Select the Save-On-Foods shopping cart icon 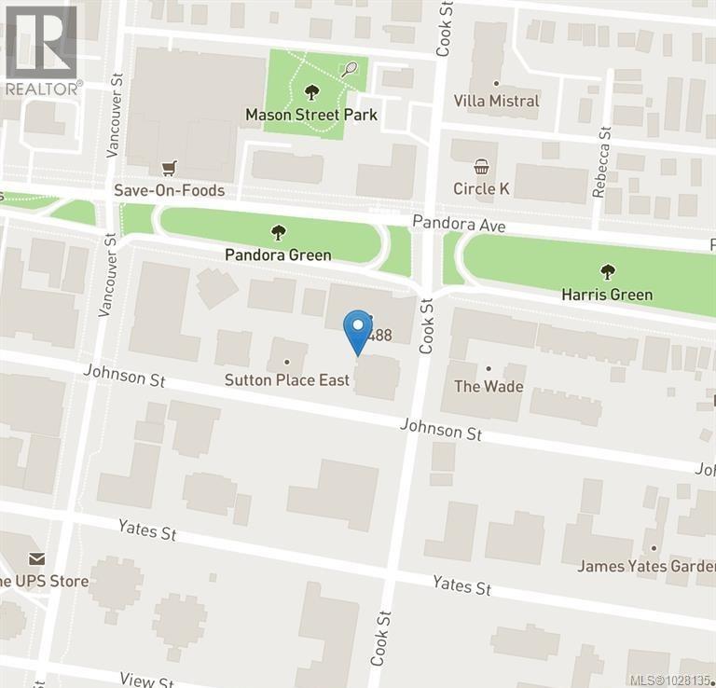click(169, 168)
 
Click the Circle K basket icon click(481, 167)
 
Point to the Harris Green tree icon click(608, 272)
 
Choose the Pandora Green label click(278, 255)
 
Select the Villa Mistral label click(496, 101)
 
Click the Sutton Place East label click(287, 379)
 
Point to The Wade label click(489, 386)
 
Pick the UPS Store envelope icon click(36, 558)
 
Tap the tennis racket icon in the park click(350, 68)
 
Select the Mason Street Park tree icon click(310, 92)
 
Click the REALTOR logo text click(43, 89)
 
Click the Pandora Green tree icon click(277, 232)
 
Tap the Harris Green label click(607, 295)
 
